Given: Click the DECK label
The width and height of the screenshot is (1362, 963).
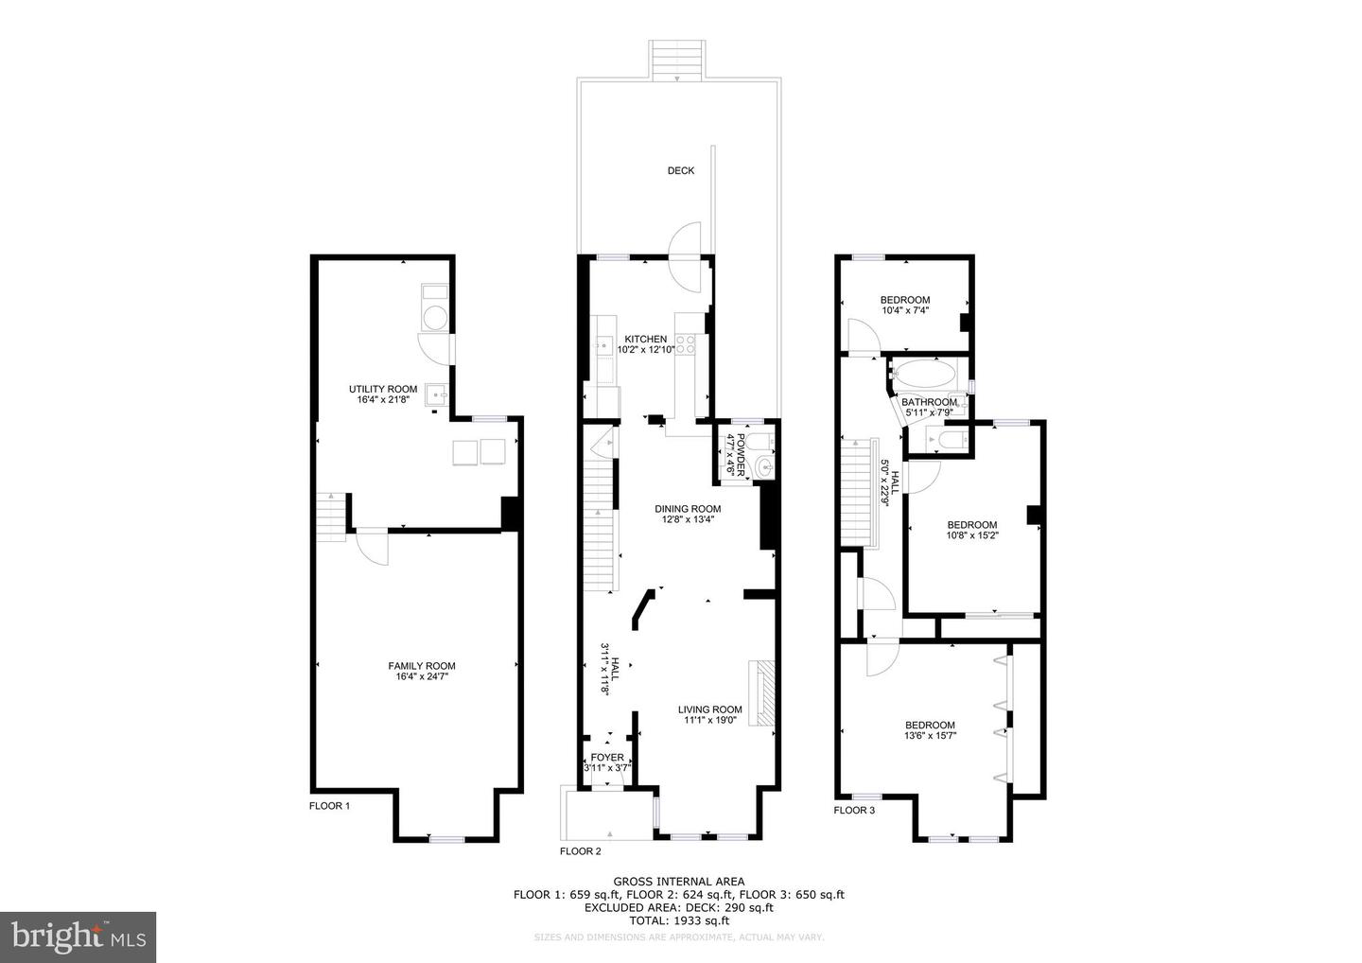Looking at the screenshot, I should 680,171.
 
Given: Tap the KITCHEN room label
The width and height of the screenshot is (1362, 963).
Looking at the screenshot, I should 645,339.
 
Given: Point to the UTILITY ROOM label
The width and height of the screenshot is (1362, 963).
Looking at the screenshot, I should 382,389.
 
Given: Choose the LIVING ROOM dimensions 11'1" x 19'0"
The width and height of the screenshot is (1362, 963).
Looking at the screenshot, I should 709,720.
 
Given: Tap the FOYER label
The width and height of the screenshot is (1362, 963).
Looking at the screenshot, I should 607,757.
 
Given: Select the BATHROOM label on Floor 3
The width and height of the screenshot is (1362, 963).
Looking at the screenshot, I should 929,402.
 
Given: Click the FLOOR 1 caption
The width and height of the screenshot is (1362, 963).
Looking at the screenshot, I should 329,806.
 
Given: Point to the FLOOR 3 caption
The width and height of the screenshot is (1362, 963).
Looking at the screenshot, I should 854,810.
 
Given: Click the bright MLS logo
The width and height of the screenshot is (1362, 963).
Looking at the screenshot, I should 78,937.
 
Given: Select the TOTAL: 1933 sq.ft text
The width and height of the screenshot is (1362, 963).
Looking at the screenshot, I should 678,919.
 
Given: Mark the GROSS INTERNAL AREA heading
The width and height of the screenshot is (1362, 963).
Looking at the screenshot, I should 678,881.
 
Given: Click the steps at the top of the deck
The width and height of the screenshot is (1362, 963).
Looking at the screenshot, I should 678,61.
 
